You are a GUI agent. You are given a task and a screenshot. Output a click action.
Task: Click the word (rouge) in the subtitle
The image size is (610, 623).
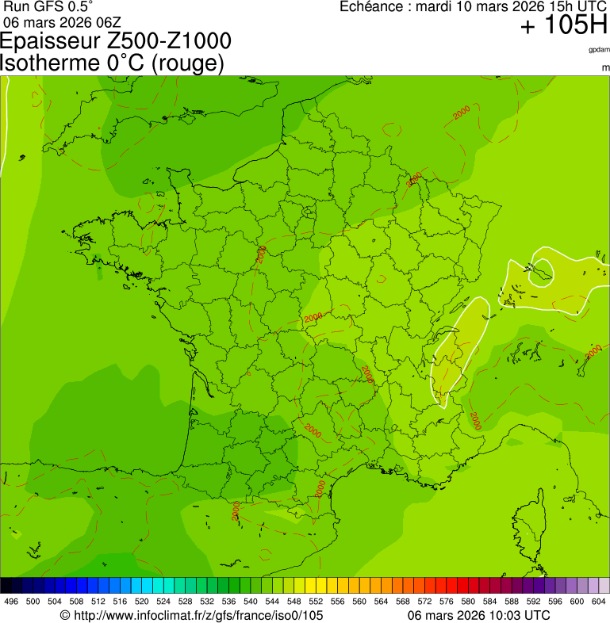[186, 63]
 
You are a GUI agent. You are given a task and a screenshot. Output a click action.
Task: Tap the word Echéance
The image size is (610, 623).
[373, 7]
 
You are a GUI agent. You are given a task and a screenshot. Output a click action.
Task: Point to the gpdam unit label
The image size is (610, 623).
[599, 50]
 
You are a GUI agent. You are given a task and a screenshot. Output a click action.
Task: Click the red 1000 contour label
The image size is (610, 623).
[320, 488]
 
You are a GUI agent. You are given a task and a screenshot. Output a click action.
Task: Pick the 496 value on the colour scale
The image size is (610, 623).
[11, 602]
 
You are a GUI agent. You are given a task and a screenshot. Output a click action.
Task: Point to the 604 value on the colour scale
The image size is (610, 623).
[598, 602]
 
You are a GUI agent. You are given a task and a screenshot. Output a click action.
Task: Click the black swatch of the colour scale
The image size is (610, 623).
[6, 586]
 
